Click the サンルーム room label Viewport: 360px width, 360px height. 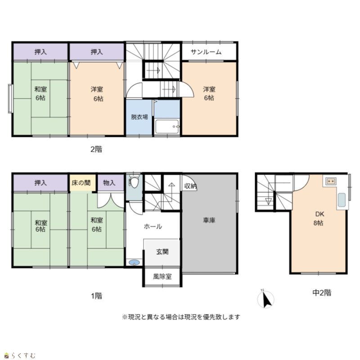[x=206, y=52]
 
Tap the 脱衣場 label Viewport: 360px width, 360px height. [x=139, y=117]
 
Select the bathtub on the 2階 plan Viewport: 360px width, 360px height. [x=167, y=126]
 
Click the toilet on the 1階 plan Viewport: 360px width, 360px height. [x=134, y=181]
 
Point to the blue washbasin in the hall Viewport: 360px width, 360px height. [x=134, y=262]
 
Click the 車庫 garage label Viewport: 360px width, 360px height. [x=209, y=220]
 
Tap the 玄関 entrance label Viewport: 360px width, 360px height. [x=162, y=252]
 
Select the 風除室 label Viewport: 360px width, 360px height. [x=162, y=276]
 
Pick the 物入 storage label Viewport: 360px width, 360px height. [x=109, y=183]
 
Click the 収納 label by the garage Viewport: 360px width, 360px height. [x=190, y=186]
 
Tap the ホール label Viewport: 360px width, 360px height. [x=153, y=227]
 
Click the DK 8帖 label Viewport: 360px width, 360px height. [x=319, y=219]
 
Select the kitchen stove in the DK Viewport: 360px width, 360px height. [x=331, y=181]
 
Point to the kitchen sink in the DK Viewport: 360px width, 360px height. [x=342, y=200]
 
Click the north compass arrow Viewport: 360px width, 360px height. [x=266, y=300]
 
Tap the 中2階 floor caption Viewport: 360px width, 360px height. [x=322, y=293]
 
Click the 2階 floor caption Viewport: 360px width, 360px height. [x=96, y=149]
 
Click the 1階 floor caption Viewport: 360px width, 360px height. [x=96, y=296]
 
